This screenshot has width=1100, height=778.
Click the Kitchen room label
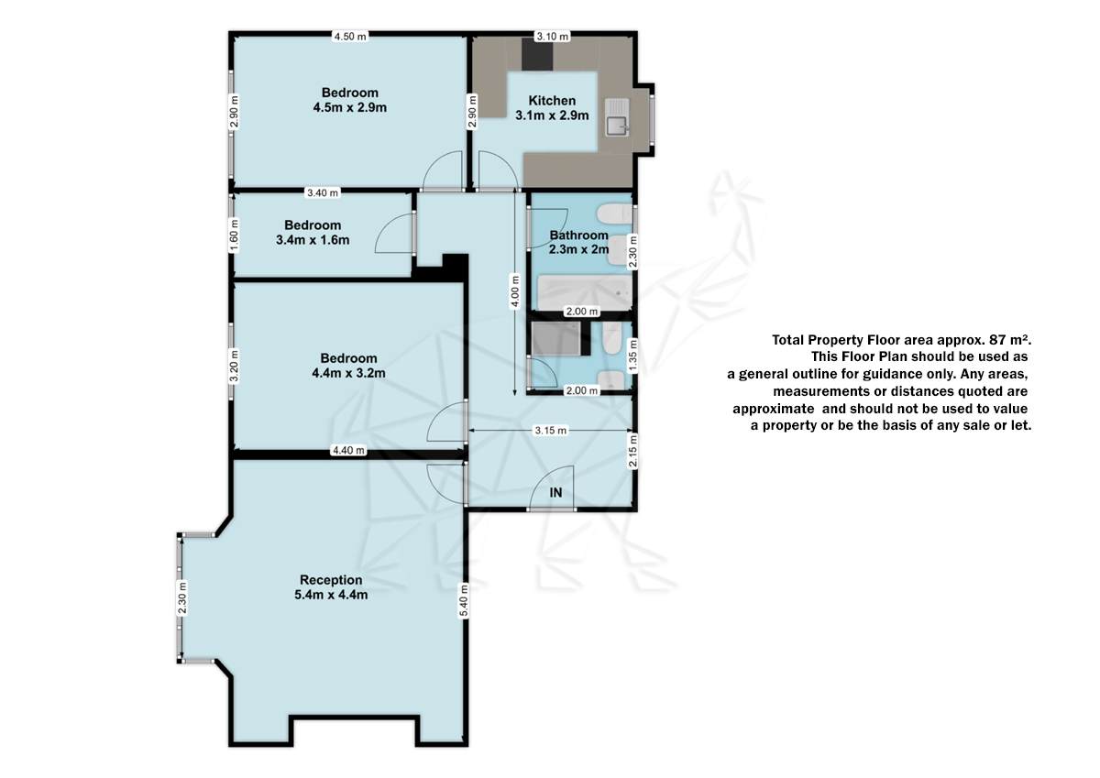(552, 108)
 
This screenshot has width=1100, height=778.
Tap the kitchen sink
(617, 118)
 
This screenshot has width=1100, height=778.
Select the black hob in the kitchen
(537, 54)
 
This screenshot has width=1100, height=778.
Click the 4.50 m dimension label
(350, 37)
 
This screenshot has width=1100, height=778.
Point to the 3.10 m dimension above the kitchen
(552, 37)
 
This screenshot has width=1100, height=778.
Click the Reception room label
(331, 587)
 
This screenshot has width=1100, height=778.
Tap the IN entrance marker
(555, 492)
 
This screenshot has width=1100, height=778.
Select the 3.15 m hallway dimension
(551, 431)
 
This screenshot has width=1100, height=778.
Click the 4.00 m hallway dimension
(514, 291)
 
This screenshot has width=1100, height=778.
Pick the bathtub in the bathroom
(585, 292)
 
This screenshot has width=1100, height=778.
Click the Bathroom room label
(579, 242)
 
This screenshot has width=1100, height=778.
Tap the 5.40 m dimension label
(464, 600)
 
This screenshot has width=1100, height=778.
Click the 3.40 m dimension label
(323, 193)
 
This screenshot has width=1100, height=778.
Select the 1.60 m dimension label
(235, 236)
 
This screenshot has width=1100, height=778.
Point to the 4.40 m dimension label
(348, 450)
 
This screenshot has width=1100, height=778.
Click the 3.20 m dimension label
(235, 366)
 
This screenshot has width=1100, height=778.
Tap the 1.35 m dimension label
(633, 356)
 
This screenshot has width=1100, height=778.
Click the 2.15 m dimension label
(633, 451)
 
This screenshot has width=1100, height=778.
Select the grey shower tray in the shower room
(555, 338)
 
